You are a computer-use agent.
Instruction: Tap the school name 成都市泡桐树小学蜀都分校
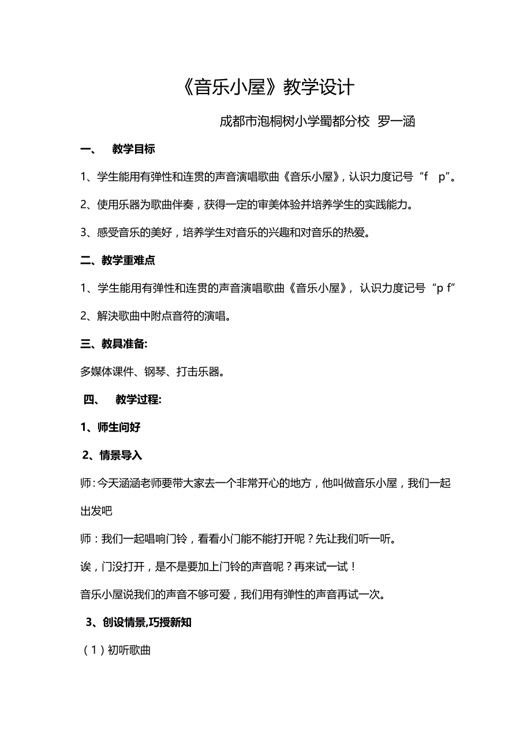[x=294, y=121]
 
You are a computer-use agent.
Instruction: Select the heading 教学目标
[x=133, y=149]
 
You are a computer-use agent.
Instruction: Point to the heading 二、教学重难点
[x=118, y=260]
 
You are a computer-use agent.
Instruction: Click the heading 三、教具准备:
[x=114, y=344]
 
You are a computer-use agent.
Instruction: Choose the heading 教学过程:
[x=139, y=399]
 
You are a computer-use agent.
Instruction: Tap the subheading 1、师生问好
[x=111, y=427]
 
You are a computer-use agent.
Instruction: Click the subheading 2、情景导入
[x=112, y=455]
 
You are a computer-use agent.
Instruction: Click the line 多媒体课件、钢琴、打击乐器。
[x=152, y=371]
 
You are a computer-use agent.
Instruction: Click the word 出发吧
[x=96, y=511]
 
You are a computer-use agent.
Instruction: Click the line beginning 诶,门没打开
[x=219, y=567]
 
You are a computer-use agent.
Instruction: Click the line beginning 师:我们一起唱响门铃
[x=238, y=539]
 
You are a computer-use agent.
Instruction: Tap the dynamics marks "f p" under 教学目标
[x=435, y=177]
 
